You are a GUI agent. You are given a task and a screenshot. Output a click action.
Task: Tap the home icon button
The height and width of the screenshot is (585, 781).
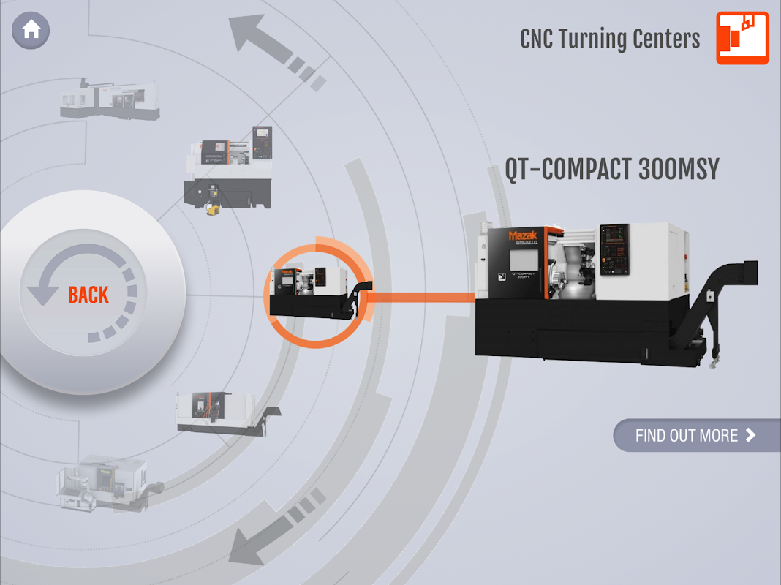pos(31,31)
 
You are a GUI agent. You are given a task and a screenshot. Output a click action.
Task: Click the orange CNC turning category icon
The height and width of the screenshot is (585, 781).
pos(742,38)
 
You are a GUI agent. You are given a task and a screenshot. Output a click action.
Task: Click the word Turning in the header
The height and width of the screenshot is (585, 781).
pos(600,39)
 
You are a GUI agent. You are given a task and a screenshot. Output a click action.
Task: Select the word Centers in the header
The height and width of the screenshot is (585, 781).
pos(666,39)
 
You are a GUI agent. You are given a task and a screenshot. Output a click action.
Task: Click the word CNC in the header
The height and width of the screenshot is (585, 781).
pos(536,39)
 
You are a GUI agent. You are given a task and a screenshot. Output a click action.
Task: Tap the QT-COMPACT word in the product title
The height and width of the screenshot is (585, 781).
pos(567,170)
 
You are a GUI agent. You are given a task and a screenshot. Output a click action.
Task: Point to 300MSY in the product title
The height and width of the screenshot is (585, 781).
pos(678,170)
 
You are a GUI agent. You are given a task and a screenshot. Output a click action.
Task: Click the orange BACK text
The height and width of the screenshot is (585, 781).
pos(88,295)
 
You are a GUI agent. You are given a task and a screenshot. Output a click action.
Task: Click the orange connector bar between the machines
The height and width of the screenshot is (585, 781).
pos(420,297)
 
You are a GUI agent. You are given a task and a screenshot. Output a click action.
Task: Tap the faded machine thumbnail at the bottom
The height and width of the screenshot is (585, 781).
pos(102,483)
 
